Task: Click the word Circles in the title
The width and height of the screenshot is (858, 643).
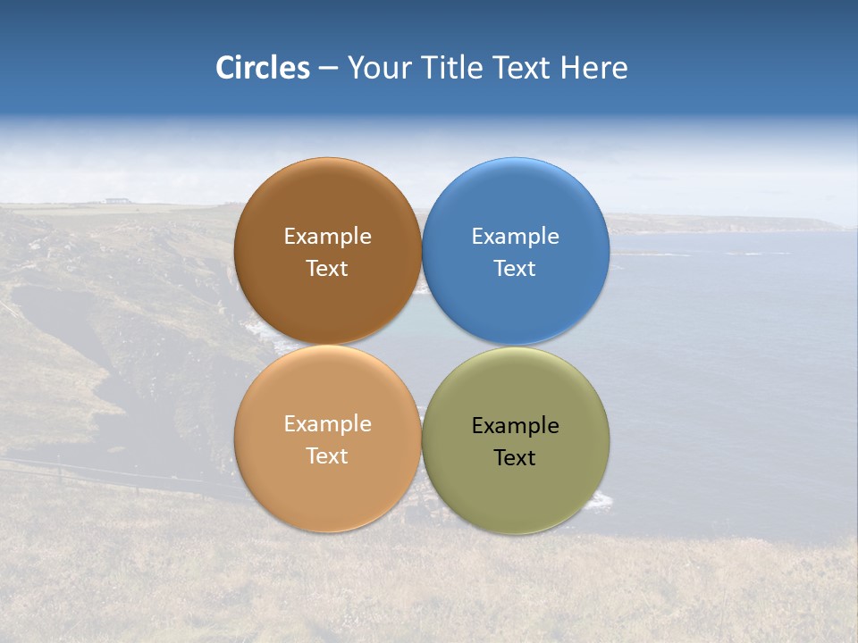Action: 262,68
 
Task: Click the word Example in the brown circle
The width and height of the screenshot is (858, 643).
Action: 327,237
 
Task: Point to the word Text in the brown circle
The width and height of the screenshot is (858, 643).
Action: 327,269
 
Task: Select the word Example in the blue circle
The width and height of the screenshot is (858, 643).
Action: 515,237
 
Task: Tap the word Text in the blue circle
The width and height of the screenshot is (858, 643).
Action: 515,269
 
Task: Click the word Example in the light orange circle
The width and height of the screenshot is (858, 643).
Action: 327,424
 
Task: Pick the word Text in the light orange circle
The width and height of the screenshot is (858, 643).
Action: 327,456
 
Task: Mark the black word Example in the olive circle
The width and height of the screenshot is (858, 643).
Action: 515,426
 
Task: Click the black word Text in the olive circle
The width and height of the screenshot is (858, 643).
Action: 515,458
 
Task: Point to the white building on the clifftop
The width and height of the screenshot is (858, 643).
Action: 116,201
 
